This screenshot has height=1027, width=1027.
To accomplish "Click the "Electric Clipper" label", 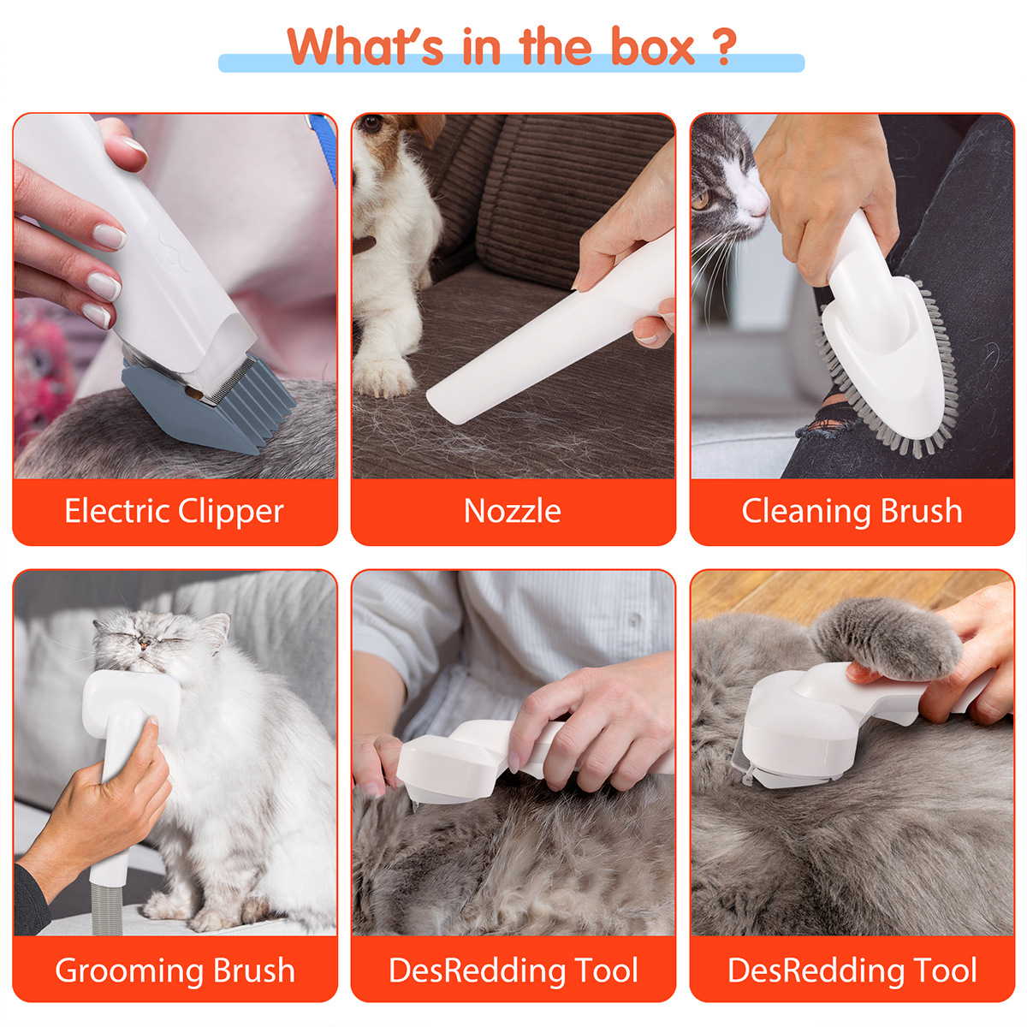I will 174,511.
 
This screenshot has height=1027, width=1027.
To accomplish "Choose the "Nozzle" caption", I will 512,511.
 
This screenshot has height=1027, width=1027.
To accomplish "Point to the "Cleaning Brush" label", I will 852,511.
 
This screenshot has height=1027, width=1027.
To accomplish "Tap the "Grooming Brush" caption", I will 175,971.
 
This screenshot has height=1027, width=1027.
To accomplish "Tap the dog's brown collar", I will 365,245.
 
